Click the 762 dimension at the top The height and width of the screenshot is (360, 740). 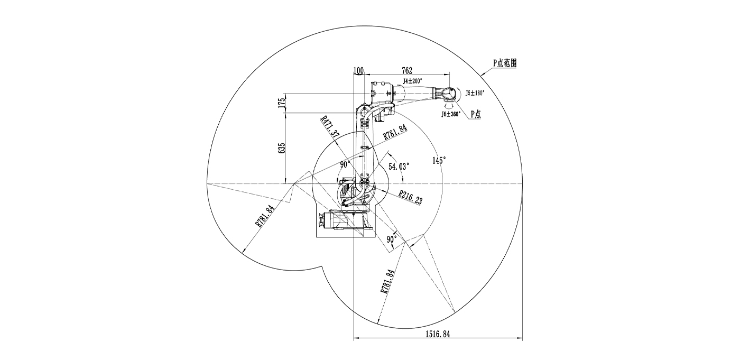coord(406,70)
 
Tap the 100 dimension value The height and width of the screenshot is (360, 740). coord(358,70)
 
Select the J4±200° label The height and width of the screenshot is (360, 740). coord(412,81)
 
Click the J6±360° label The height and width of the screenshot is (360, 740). coord(450,113)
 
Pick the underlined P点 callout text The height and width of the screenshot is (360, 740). coord(475,114)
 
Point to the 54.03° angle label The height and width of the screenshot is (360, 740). coord(399,166)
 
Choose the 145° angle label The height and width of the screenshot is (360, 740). coord(439,160)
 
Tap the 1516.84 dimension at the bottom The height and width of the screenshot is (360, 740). coord(438,334)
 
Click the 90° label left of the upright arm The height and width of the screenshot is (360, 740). coord(345,164)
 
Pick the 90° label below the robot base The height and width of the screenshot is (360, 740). coord(392,239)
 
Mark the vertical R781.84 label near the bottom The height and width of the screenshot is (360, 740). coord(386,281)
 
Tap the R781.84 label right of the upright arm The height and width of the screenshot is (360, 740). coord(395,132)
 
